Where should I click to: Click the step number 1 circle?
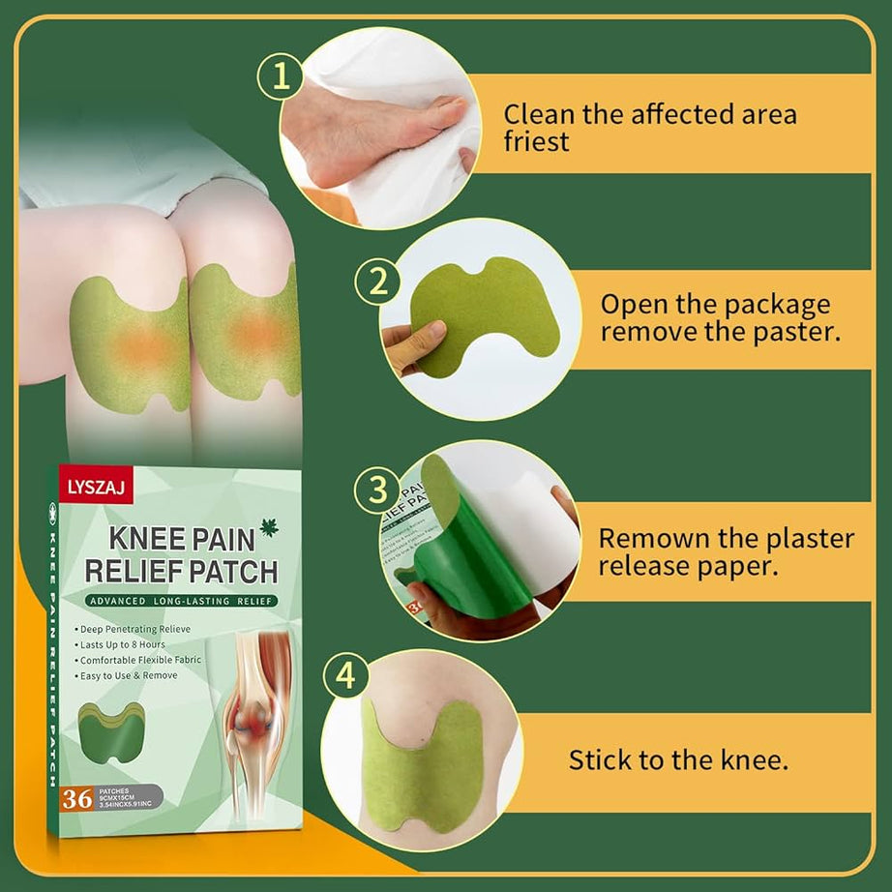[x=281, y=77]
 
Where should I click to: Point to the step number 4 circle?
[x=345, y=676]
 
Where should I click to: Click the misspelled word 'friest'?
[x=536, y=142]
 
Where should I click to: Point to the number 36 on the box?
[x=75, y=799]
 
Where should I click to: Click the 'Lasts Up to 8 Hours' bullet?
[x=125, y=644]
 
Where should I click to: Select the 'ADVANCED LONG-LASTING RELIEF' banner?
[x=179, y=601]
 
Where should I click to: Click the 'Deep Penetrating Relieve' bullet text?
[x=135, y=629]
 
